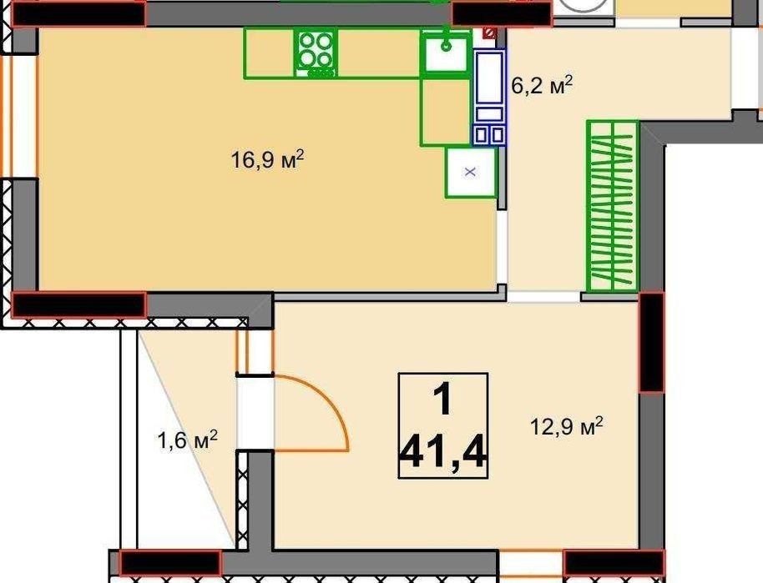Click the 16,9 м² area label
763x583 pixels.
coord(267,159)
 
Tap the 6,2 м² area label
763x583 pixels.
coord(542,85)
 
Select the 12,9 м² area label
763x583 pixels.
coord(567,426)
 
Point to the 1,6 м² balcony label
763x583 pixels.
coord(187,440)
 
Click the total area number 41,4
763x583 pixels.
coord(442,452)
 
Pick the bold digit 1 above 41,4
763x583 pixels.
coord(442,400)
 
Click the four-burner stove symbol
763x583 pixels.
coord(316,53)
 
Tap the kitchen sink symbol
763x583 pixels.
coord(445,52)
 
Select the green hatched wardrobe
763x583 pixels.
coord(613,206)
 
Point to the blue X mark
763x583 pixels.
coord(470,172)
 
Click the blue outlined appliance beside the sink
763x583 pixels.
coord(489,97)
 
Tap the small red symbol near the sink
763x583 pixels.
coord(489,33)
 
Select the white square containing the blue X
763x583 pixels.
coord(471,172)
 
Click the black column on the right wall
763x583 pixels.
coord(652,342)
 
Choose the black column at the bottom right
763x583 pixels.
coord(614,563)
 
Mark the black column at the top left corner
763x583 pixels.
coord(78,13)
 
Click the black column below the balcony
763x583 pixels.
coord(170,563)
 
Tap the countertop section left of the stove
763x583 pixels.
coord(269,53)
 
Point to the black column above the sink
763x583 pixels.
coord(502,13)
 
